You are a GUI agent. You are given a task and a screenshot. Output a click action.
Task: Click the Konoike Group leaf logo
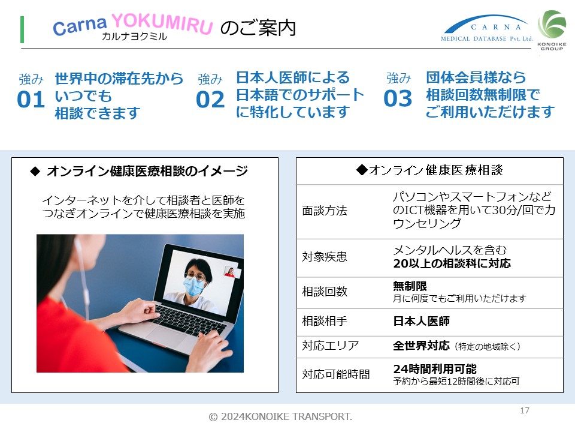coord(552,30)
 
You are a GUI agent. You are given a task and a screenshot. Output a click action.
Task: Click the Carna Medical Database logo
coord(486,28)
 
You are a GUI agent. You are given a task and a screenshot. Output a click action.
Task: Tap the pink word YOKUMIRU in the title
coord(162,23)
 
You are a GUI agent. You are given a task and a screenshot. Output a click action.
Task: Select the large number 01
coord(31,99)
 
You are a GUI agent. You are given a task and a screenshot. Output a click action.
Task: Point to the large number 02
coord(210,100)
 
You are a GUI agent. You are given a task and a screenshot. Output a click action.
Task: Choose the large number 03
coord(398,98)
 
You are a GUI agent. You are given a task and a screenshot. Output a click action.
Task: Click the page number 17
coord(525,410)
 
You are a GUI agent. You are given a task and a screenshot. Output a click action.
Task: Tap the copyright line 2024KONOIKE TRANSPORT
coord(280,416)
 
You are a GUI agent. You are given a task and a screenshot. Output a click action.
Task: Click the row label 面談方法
coord(325,211)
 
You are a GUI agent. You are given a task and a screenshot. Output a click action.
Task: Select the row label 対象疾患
coord(325,256)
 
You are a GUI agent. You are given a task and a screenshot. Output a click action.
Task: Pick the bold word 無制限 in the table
coord(410,286)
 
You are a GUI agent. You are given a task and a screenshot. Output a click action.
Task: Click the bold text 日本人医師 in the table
coord(421,321)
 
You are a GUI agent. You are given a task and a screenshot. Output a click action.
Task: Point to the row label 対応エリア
coord(331,346)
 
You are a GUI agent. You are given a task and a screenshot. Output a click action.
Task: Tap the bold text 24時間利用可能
coord(435,368)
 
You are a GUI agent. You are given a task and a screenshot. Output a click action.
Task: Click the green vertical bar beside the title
coord(22,29)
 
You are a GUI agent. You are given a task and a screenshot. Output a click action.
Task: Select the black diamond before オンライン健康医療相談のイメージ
coord(35,171)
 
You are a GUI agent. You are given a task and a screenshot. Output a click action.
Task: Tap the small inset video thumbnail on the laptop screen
coord(232,272)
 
